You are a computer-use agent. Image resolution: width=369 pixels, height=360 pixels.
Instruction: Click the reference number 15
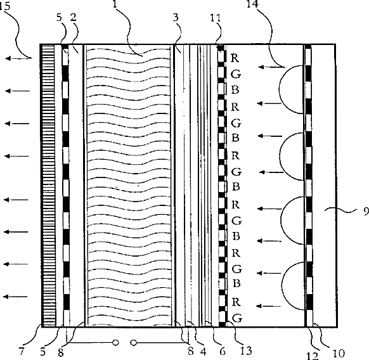point(5,6)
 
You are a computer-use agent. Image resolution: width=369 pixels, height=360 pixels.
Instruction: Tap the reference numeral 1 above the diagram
point(115,4)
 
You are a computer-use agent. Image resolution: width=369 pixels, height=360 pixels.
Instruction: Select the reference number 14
point(252,4)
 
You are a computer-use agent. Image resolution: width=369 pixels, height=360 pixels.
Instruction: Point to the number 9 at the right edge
point(366,211)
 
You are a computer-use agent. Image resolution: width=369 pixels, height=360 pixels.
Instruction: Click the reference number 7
point(22,351)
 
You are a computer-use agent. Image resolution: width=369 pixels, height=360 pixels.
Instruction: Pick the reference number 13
point(246,350)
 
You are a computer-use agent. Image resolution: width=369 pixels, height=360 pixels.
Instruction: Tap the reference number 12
point(313,356)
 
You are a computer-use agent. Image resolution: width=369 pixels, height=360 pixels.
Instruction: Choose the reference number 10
point(339,353)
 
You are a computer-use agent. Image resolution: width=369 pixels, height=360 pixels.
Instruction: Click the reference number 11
point(216,18)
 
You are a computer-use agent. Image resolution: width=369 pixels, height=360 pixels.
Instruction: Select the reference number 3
point(176,18)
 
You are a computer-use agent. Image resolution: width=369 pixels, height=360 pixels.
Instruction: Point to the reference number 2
point(74,17)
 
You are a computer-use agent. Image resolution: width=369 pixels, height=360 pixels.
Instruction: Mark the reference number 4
point(204,352)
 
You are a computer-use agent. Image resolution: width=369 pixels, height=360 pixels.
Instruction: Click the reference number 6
point(223,351)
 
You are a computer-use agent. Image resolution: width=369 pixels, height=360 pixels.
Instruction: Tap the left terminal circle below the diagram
point(115,343)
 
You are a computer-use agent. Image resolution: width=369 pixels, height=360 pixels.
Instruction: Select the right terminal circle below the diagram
point(133,343)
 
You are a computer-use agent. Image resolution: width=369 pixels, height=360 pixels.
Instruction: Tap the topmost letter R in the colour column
point(235,58)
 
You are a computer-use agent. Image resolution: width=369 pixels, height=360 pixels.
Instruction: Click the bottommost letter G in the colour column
point(237,318)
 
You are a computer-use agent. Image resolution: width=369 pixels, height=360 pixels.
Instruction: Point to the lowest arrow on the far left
point(15,297)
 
